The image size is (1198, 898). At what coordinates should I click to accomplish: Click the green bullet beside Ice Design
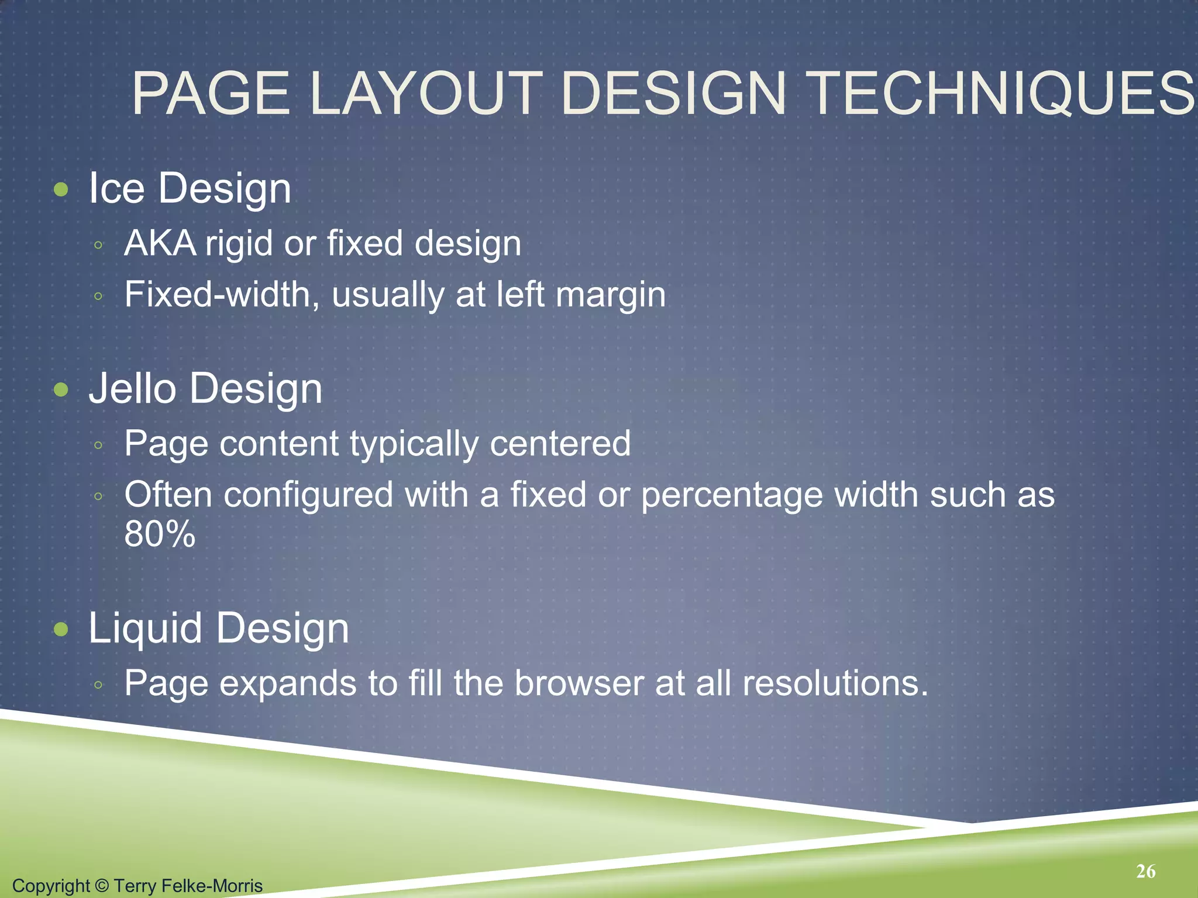61,189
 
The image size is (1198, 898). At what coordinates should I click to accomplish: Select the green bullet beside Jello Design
61,390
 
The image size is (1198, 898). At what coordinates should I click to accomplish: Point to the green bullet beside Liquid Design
61,629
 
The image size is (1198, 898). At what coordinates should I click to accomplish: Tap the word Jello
132,389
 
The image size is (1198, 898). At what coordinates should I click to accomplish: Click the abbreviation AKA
160,243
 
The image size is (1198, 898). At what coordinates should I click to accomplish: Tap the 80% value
160,534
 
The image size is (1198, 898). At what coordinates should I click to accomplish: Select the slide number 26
1146,871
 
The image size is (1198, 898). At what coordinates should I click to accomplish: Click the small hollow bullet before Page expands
98,684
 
